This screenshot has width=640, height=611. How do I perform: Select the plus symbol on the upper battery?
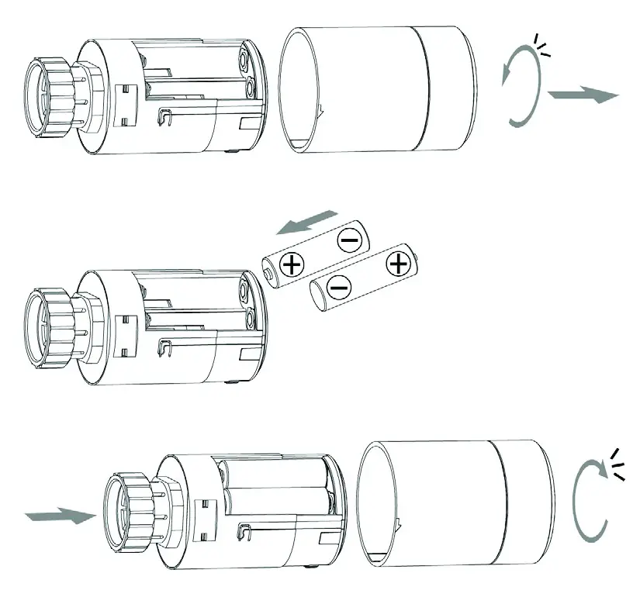click(x=292, y=266)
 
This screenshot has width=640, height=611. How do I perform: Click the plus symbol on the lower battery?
click(x=398, y=264)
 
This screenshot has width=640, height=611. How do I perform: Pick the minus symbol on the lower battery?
click(x=338, y=288)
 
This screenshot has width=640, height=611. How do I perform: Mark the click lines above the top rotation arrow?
click(x=543, y=45)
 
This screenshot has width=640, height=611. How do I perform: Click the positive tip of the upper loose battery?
click(x=268, y=274)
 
